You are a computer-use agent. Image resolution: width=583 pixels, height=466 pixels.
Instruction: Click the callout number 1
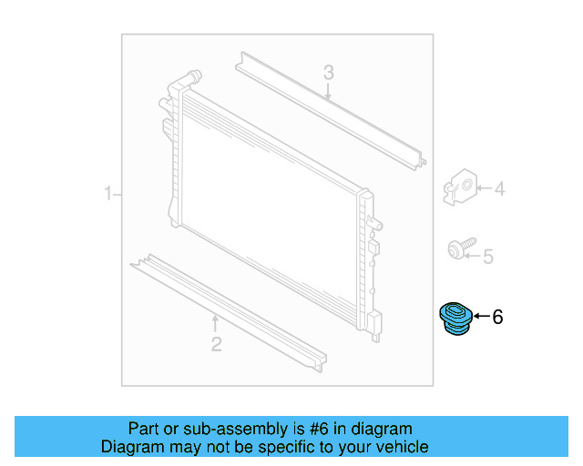tap(107, 194)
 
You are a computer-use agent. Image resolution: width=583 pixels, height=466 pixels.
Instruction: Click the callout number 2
tap(217, 344)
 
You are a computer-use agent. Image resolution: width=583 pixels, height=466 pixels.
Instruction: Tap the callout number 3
tap(328, 73)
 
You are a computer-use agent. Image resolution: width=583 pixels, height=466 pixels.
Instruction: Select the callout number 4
tap(499, 188)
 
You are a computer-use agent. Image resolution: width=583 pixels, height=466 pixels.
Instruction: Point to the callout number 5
tap(488, 257)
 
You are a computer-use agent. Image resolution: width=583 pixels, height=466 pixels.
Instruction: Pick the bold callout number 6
tap(497, 317)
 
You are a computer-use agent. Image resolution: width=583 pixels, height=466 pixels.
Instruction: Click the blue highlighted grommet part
tap(455, 319)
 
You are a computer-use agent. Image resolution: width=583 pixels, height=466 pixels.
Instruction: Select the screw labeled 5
tap(462, 248)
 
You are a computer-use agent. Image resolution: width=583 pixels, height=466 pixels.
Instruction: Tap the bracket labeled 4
tap(460, 187)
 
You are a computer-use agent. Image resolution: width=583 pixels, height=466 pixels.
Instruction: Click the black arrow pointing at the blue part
tap(482, 316)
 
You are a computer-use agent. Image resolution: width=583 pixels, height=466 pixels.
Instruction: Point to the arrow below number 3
tap(328, 92)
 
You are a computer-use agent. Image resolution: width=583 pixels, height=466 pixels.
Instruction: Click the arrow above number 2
tap(215, 324)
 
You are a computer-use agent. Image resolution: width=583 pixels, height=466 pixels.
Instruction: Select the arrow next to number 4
tap(484, 188)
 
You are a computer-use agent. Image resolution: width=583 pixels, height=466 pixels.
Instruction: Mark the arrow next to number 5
tap(473, 256)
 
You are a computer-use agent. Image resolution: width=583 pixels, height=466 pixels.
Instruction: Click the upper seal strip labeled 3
tap(331, 111)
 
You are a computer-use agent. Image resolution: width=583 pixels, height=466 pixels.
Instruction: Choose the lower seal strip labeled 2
tap(229, 313)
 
